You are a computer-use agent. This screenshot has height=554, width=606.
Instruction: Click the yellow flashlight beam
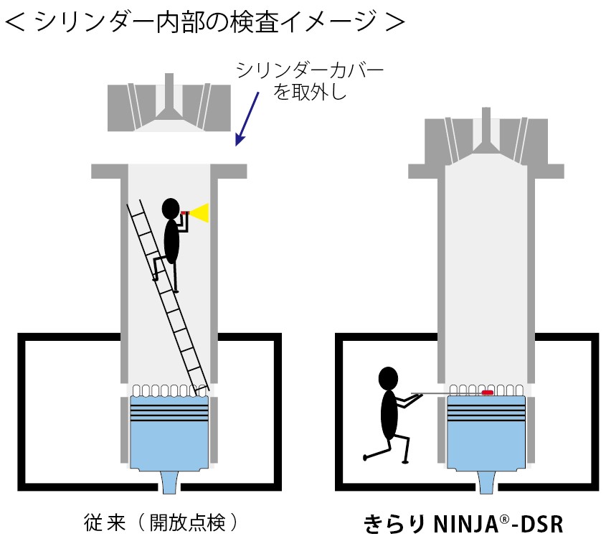point(200,213)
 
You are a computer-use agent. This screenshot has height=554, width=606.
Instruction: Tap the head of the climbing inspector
point(170,208)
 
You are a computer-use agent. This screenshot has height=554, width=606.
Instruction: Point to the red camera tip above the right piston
point(488,393)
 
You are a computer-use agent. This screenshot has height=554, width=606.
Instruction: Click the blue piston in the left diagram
point(169,434)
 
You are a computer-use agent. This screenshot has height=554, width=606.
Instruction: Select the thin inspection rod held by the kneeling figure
point(437,393)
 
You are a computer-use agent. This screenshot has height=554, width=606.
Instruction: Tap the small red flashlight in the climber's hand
point(186,212)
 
